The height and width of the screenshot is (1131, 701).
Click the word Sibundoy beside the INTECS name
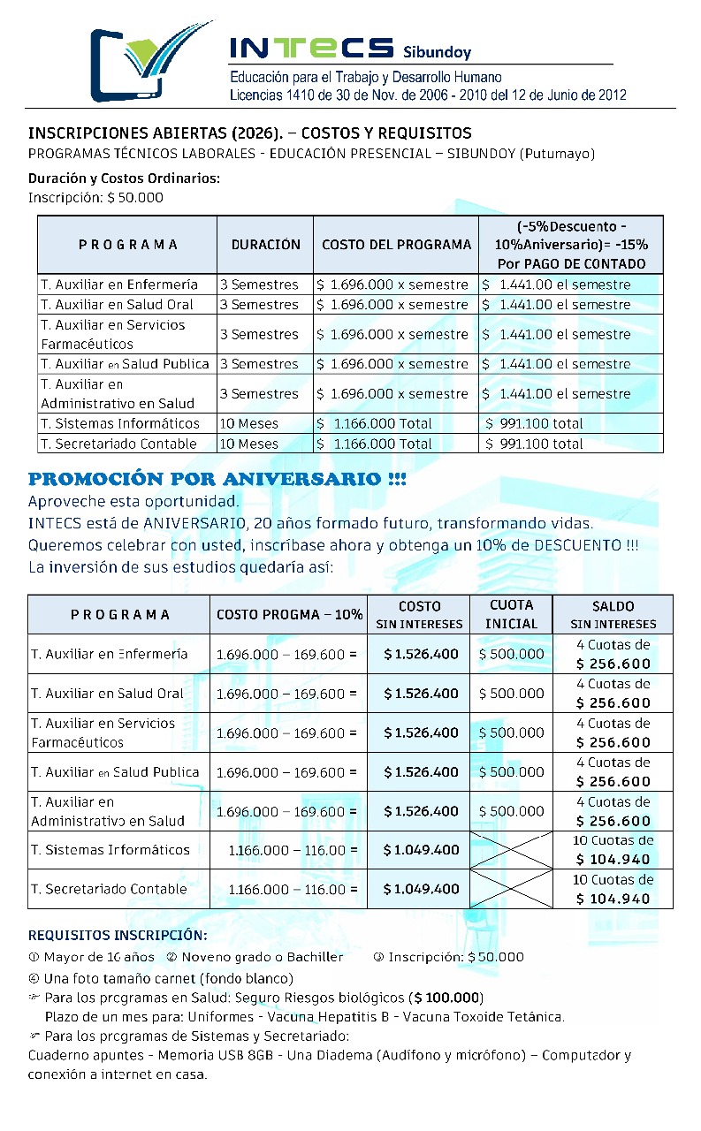click(437, 52)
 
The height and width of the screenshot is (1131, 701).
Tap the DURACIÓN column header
click(265, 245)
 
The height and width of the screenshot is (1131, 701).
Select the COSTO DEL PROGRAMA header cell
click(396, 245)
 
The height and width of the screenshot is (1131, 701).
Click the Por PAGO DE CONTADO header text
click(570, 263)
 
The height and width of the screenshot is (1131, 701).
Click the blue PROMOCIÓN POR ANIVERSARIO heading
click(217, 480)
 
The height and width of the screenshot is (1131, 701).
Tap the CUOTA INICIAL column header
click(511, 614)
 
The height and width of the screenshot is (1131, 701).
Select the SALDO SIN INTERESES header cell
click(613, 614)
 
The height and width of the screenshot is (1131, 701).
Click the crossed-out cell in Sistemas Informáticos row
click(511, 850)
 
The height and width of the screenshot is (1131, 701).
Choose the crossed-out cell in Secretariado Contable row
click(511, 889)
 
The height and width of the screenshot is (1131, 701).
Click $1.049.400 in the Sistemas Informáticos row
click(421, 850)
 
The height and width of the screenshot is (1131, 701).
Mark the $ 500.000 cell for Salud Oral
click(511, 694)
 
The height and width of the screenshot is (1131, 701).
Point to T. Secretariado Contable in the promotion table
click(109, 889)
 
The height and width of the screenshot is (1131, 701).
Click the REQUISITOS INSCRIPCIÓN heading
click(118, 935)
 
